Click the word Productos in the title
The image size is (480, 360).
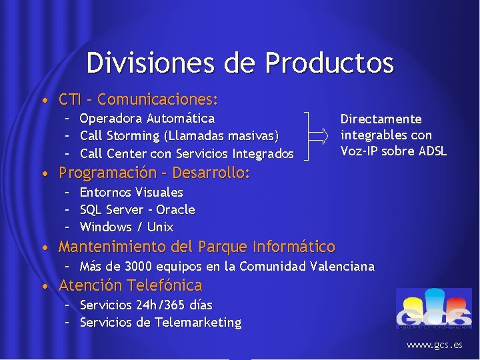[x=329, y=63]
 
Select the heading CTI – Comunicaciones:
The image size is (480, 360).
[x=139, y=101]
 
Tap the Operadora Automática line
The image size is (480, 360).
[x=147, y=119]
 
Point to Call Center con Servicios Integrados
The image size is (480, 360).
[x=187, y=153]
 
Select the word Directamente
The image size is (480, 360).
[x=381, y=119]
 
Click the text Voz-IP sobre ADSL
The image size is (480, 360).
[x=393, y=151]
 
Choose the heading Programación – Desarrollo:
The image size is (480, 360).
[x=154, y=173]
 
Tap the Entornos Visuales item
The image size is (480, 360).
[x=131, y=192]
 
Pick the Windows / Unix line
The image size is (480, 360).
[x=126, y=227]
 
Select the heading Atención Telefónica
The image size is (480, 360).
[x=130, y=286]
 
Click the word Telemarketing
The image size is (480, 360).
[x=198, y=323]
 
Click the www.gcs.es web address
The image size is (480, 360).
[x=435, y=345]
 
